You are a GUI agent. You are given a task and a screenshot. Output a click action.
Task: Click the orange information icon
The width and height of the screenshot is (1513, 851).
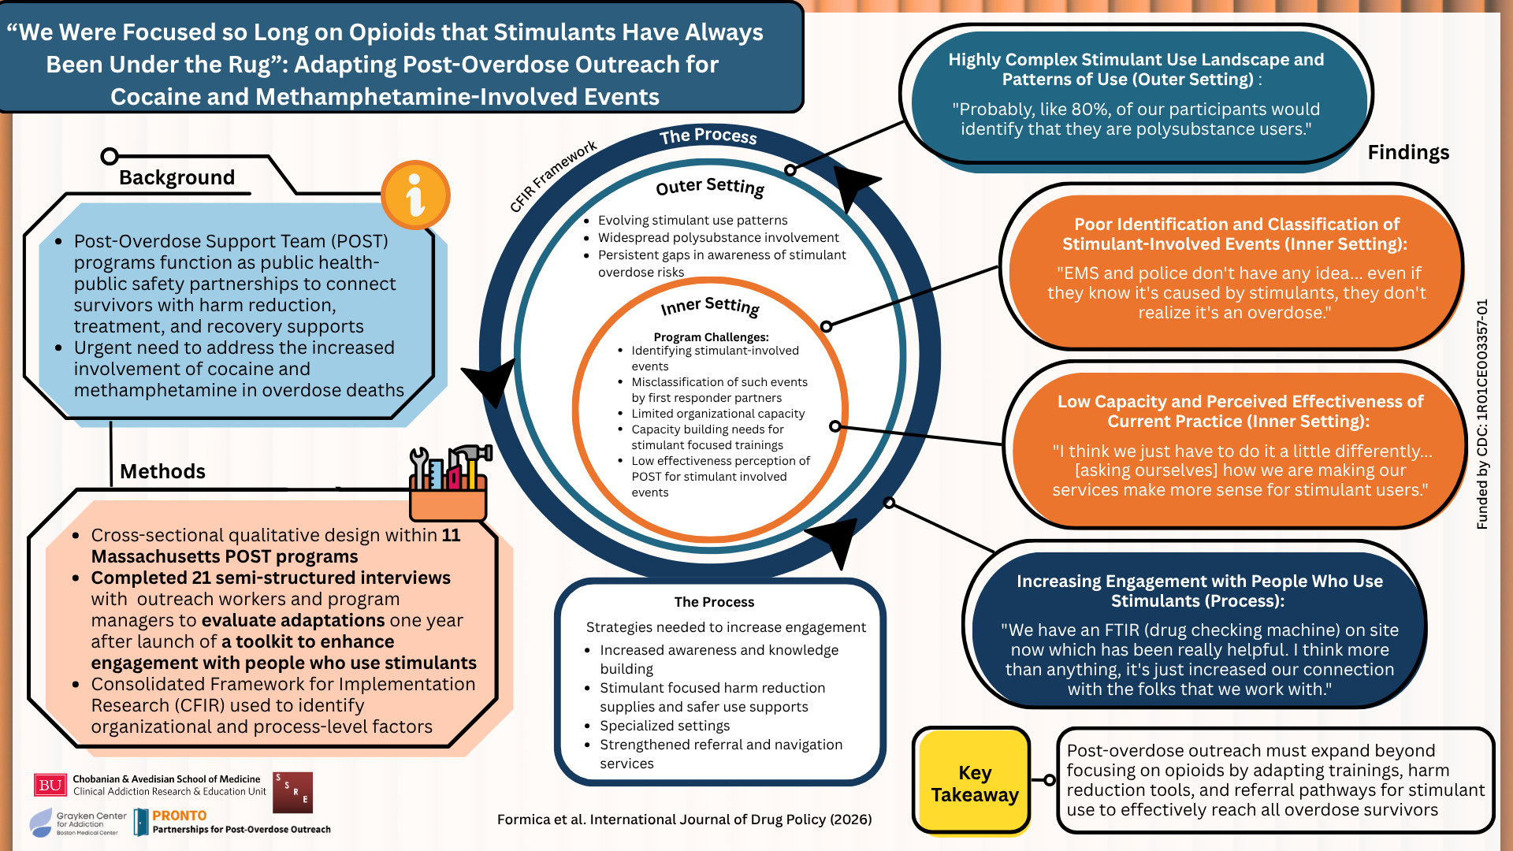tap(415, 195)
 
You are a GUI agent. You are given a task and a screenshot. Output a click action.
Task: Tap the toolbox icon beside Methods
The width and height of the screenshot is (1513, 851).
tap(449, 482)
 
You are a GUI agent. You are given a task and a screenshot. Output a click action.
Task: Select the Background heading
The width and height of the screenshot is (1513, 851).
tap(177, 177)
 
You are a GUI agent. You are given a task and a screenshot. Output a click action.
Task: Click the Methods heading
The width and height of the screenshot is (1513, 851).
tap(162, 471)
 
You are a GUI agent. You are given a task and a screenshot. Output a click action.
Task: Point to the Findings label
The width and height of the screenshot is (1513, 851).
tap(1408, 152)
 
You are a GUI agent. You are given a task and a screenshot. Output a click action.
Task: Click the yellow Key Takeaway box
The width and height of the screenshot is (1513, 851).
tap(974, 780)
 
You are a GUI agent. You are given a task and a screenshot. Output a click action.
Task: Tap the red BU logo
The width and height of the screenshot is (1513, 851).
tap(50, 785)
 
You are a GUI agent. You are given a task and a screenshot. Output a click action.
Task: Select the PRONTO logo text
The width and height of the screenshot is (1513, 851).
tap(180, 816)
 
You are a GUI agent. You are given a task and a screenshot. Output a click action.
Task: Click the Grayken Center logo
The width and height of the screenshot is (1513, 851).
tap(77, 823)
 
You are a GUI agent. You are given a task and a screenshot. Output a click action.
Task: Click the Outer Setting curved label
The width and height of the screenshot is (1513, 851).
tap(710, 187)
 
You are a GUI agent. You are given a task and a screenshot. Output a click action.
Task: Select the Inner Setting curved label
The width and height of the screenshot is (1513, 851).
tap(710, 305)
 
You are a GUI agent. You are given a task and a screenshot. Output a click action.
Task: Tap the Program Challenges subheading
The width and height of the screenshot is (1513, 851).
tap(711, 337)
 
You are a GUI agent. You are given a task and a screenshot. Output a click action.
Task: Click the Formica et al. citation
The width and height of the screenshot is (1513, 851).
tap(684, 819)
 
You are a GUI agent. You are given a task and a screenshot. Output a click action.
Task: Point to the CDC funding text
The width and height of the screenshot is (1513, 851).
tap(1482, 414)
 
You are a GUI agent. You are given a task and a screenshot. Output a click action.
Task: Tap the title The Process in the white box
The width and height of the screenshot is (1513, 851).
tap(714, 602)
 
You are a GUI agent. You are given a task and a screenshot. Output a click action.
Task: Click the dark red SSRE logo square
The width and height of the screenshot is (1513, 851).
tap(292, 793)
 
